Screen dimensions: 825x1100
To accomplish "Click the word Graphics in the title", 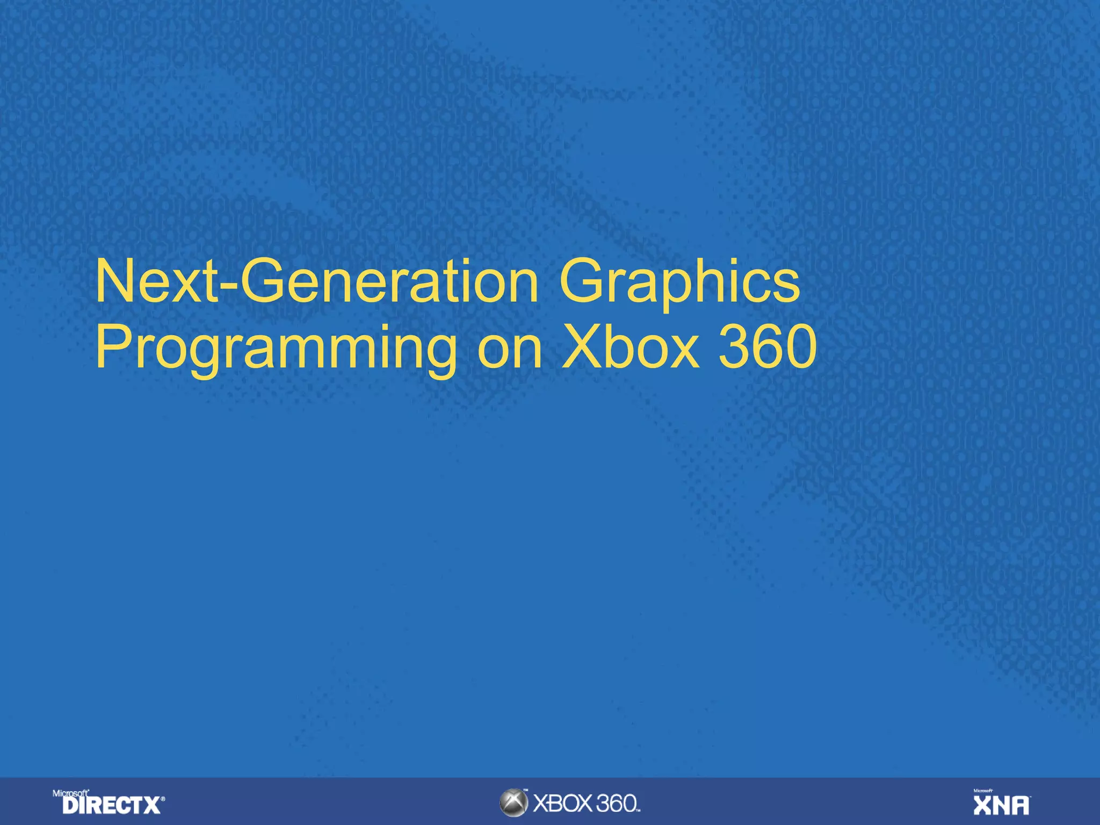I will pyautogui.click(x=679, y=283).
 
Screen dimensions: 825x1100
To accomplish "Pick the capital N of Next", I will pyautogui.click(x=114, y=282).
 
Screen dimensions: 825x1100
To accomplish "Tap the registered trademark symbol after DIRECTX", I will pyautogui.click(x=163, y=800).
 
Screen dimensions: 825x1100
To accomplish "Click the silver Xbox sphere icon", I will pyautogui.click(x=513, y=803).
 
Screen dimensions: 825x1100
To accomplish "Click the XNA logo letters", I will pyautogui.click(x=1001, y=806).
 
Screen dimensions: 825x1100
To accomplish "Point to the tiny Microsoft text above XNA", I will pyautogui.click(x=983, y=791).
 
